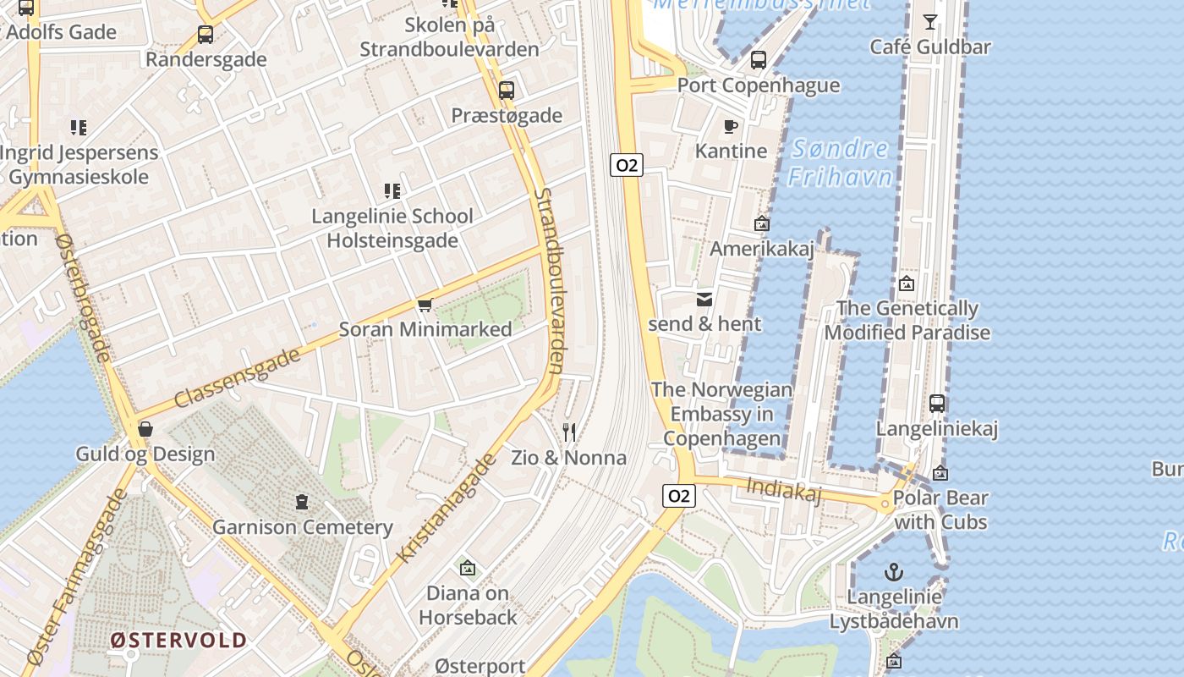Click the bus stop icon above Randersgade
(x=206, y=35)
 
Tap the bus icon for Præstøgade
(x=507, y=91)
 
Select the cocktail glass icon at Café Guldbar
(x=930, y=22)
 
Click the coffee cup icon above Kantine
(x=731, y=127)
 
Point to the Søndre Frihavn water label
(x=840, y=162)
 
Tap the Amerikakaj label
(x=761, y=249)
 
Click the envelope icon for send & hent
(x=704, y=300)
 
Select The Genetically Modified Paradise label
(x=907, y=320)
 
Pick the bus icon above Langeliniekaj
(x=937, y=404)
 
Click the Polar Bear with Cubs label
(x=940, y=509)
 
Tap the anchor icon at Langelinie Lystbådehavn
(x=894, y=573)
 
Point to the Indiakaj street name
(x=784, y=489)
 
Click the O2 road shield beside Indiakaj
(x=679, y=496)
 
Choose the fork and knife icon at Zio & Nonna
(x=569, y=433)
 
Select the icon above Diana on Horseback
(x=467, y=568)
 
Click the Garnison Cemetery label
(x=303, y=527)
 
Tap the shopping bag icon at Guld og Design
(x=145, y=429)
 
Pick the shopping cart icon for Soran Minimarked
(x=425, y=305)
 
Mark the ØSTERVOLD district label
(x=178, y=640)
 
